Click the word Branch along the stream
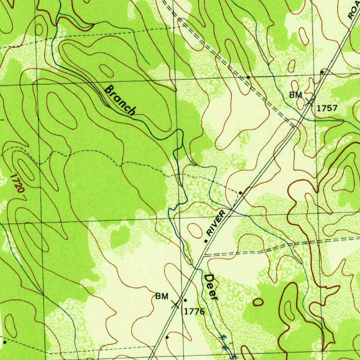pos(120,100)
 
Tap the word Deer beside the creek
pos(211,287)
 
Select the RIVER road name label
pos(216,223)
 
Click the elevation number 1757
pos(327,108)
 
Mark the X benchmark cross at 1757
pos(309,102)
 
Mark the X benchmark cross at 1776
pos(175,304)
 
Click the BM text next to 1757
pos(296,95)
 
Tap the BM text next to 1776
pos(162,296)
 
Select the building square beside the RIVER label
pos(206,241)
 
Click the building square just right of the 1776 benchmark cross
pos(185,300)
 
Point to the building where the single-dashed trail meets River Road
pos(240,193)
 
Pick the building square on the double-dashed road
pos(248,77)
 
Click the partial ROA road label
pos(353,11)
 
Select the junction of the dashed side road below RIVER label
pos(205,255)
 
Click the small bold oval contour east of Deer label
pos(258,302)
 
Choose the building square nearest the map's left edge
pos(4,342)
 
